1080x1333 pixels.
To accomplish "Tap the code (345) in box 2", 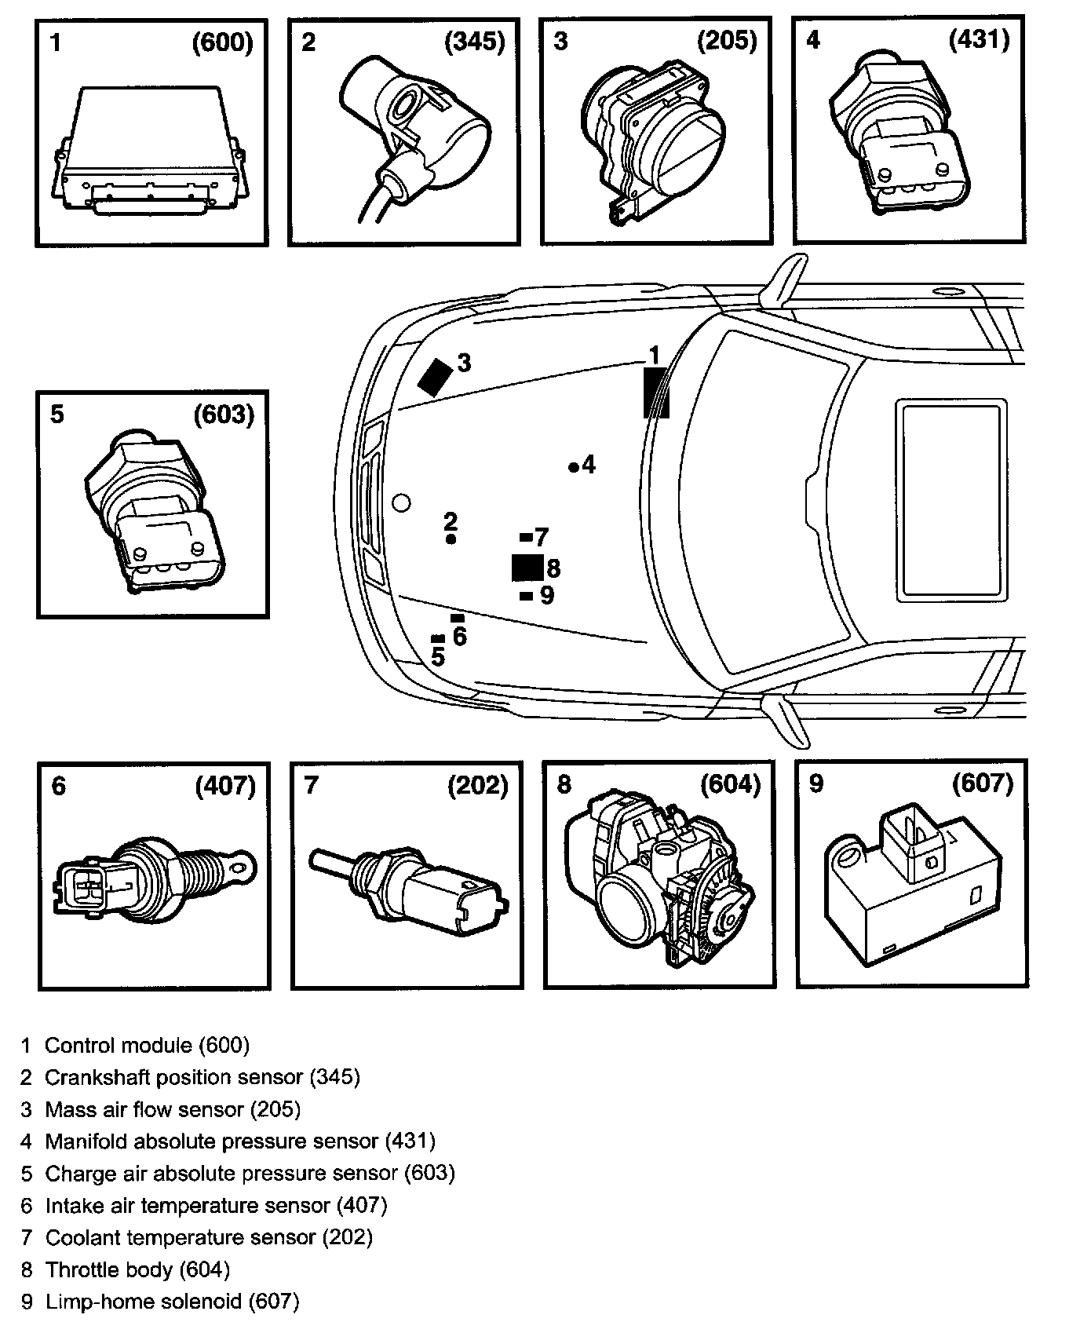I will click(475, 42).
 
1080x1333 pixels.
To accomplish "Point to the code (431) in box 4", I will click(980, 39).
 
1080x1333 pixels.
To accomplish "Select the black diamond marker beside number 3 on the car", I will click(436, 377).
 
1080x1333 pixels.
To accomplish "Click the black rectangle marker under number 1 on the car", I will click(655, 393).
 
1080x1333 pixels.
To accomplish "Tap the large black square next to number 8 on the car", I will click(527, 567).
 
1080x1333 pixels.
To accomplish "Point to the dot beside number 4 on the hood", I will click(573, 467).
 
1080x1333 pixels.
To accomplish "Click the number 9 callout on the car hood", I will click(547, 596).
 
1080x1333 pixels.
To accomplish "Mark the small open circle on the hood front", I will click(401, 502).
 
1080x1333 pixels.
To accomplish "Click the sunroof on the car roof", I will click(951, 499).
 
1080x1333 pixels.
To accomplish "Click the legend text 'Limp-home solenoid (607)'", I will click(172, 1302).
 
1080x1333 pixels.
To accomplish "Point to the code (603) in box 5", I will click(224, 415).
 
